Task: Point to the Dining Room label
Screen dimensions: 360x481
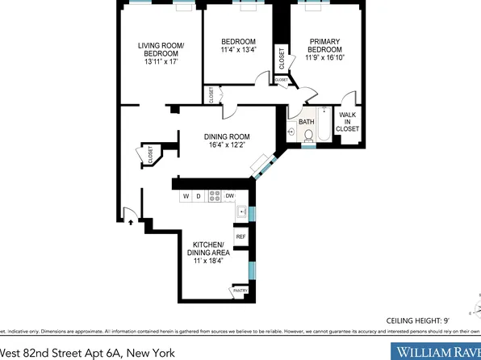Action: coord(227,136)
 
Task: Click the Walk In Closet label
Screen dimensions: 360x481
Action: coord(348,122)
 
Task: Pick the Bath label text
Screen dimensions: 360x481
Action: coord(306,123)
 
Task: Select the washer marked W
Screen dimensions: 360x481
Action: coord(186,196)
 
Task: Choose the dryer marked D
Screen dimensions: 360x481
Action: coord(199,196)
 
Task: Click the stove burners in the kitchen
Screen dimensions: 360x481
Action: coord(215,195)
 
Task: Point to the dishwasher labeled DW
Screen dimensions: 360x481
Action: coord(230,196)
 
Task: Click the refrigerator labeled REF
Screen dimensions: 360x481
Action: coord(240,237)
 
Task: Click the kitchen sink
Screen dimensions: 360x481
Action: coord(240,211)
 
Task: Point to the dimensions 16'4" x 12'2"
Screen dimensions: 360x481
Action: coord(227,145)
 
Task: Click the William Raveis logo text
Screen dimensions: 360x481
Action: coord(436,351)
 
